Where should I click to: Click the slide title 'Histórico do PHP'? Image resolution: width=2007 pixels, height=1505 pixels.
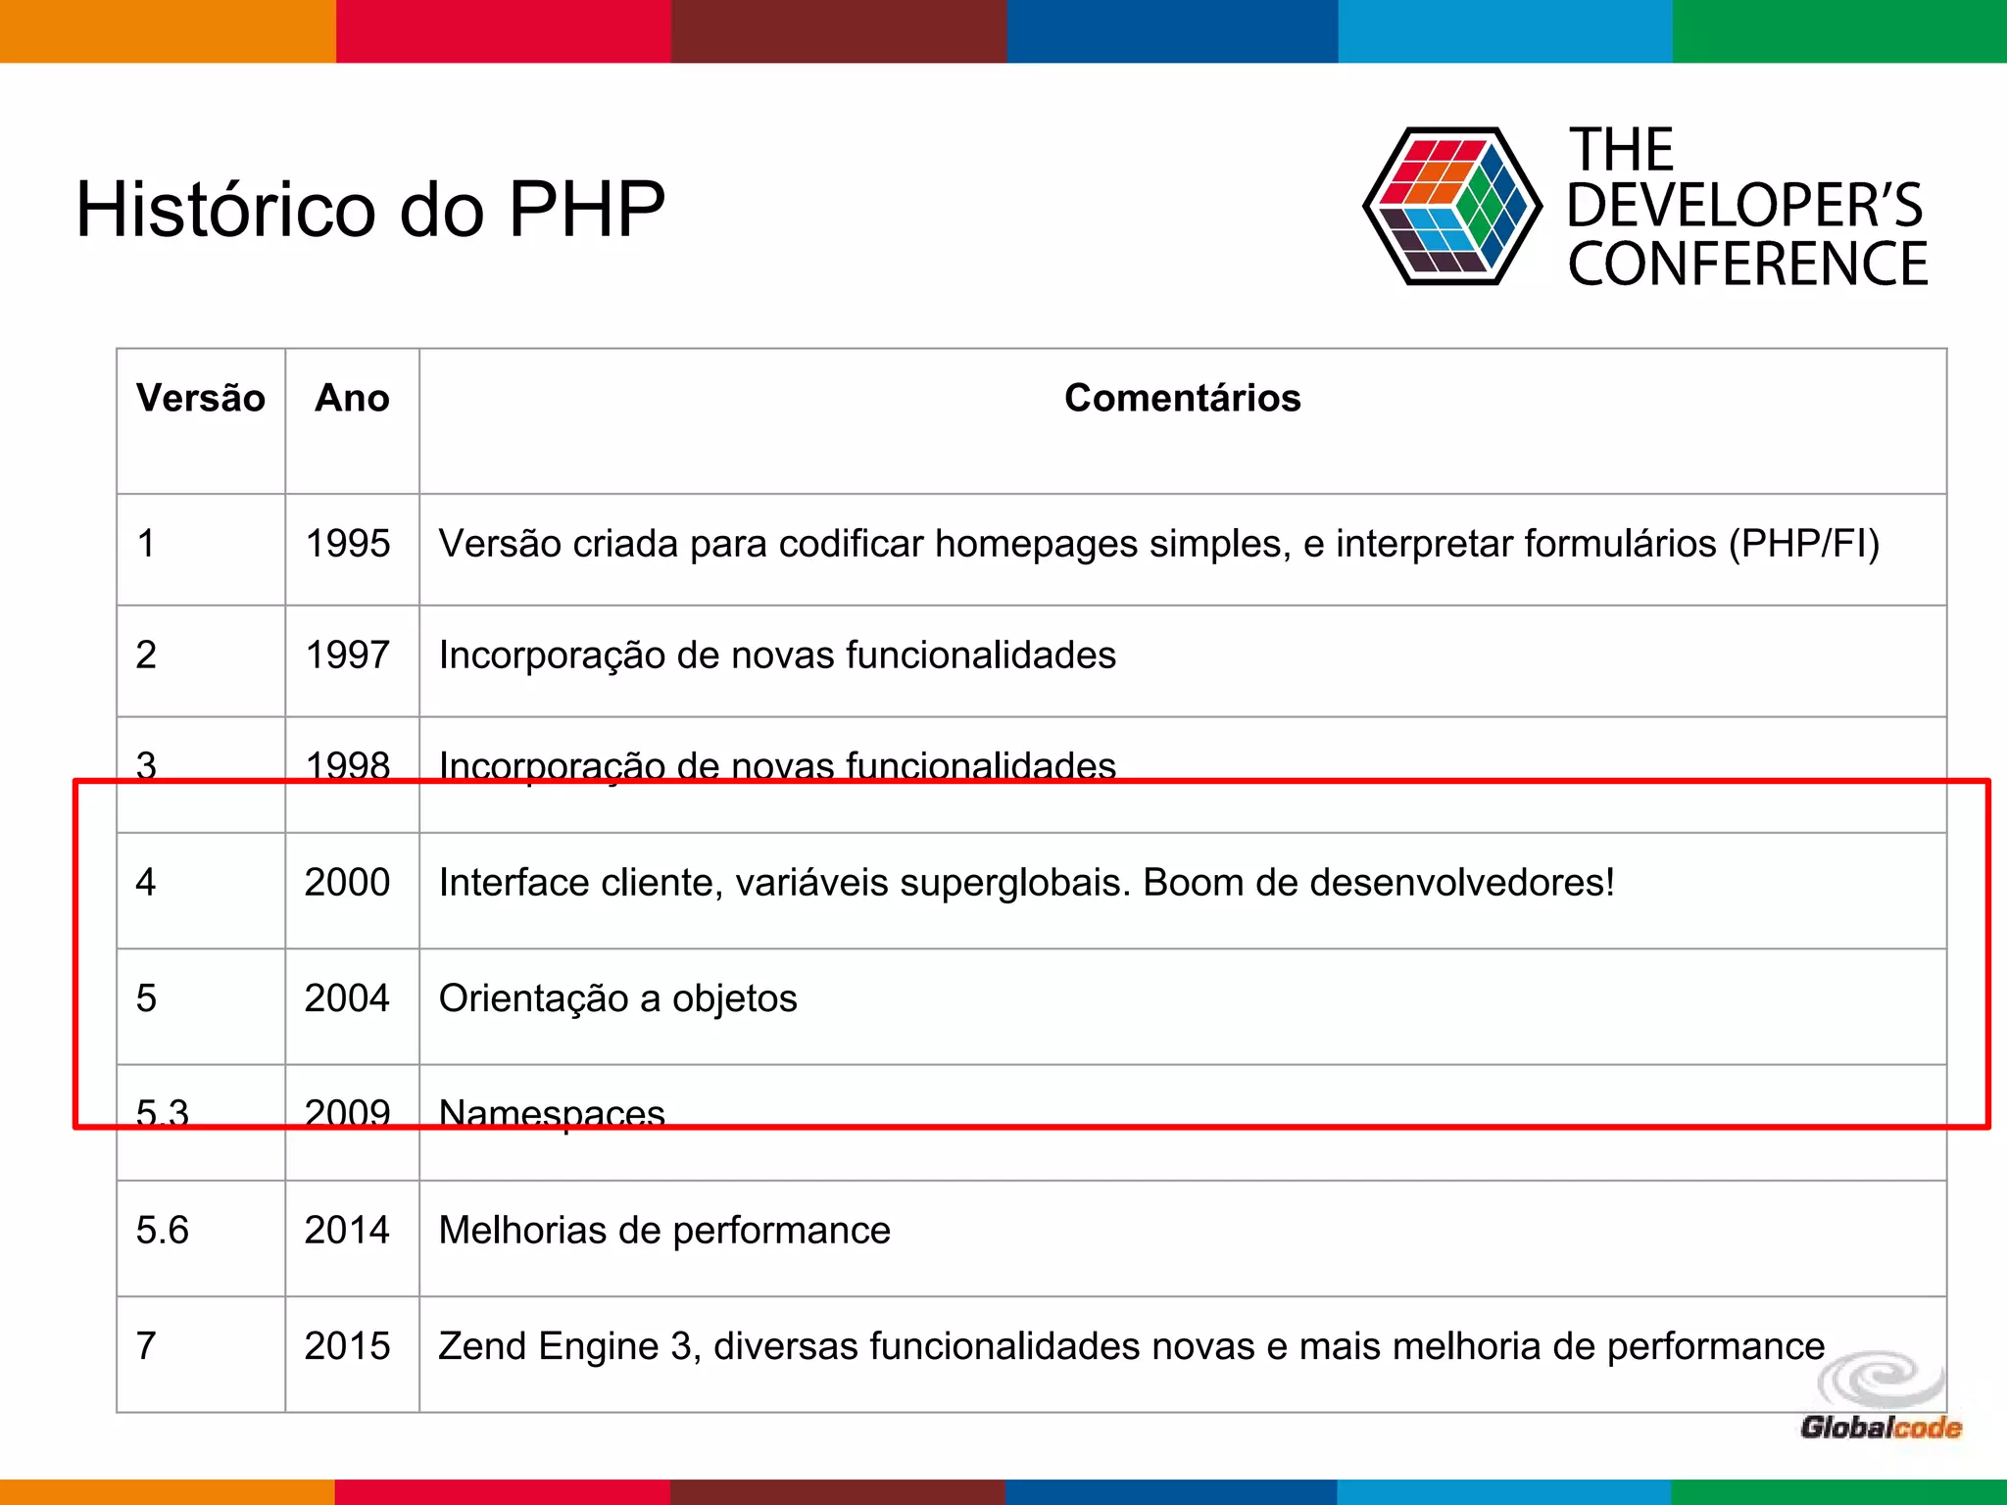point(370,210)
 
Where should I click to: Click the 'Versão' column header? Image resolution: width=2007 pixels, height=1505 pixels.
point(201,398)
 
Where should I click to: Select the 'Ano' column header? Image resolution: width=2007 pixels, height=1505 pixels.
point(352,398)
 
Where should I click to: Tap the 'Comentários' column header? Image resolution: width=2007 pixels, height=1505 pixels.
point(1182,398)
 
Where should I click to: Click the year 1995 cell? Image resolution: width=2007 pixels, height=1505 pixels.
point(348,544)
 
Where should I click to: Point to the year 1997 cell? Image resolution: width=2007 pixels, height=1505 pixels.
point(348,655)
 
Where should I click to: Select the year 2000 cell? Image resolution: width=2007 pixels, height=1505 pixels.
point(348,882)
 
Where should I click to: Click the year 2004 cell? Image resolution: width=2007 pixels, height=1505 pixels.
point(348,998)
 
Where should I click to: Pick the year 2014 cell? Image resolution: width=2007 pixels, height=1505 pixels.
point(348,1230)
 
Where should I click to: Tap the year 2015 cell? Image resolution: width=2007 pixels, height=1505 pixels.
point(348,1345)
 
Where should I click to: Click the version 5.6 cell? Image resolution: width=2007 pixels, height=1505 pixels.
point(163,1230)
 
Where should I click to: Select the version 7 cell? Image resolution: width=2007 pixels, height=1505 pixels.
point(147,1345)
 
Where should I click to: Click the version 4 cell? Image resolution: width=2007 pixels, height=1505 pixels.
point(146,882)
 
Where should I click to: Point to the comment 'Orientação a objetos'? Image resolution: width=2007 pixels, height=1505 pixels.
point(617,998)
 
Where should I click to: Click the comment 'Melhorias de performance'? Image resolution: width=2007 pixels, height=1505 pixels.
point(664,1230)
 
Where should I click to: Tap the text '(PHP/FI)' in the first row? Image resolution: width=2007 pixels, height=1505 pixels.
point(1803,544)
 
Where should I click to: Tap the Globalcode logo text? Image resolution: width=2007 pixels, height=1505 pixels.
point(1881,1428)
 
